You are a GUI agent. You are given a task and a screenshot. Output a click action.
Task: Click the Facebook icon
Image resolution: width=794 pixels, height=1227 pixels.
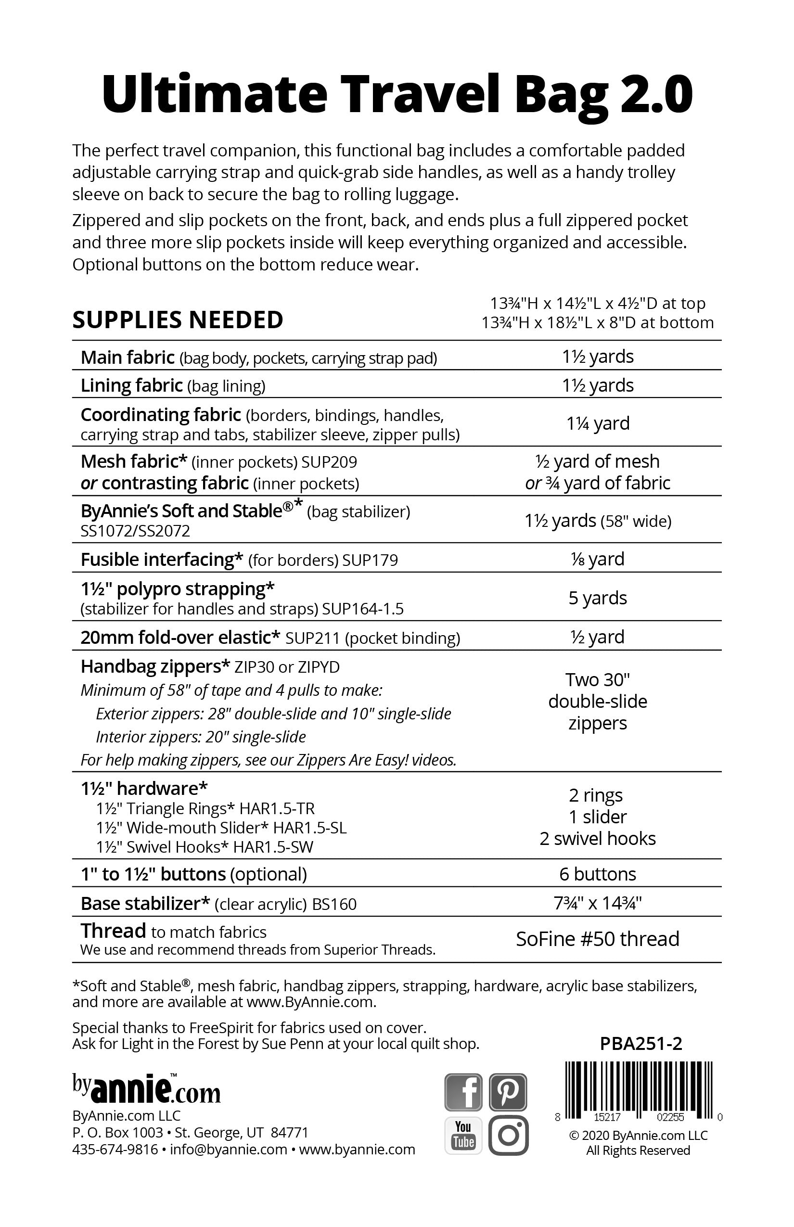pos(463,1091)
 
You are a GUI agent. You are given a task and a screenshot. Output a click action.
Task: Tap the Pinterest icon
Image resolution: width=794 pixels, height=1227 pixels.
pos(508,1091)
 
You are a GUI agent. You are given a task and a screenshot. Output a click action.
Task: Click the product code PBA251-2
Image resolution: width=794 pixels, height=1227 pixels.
pos(641,1044)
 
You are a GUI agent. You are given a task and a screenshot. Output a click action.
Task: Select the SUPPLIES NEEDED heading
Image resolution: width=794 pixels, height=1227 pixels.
pos(178,320)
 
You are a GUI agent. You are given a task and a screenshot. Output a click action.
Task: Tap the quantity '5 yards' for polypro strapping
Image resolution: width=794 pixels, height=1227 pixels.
pos(598,598)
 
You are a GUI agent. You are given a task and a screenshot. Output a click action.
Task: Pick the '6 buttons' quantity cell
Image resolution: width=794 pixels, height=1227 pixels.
pos(598,874)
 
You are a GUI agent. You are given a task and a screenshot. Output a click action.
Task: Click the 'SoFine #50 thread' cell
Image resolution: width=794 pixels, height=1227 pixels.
pos(598,939)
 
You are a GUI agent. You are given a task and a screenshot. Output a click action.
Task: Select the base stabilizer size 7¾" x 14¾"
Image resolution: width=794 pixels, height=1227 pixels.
pos(598,903)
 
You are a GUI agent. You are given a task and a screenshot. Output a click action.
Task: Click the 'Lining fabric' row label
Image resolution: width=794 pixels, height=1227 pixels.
pos(131,385)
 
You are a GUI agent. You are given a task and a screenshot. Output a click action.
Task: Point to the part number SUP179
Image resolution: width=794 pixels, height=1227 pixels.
pos(370,561)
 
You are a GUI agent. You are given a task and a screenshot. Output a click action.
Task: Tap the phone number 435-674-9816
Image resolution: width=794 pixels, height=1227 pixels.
pos(115,1150)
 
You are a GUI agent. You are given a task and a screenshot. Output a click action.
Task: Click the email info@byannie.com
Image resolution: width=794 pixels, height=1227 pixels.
pos(229,1150)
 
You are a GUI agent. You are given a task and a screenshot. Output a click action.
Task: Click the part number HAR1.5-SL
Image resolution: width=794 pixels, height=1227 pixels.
pos(310,828)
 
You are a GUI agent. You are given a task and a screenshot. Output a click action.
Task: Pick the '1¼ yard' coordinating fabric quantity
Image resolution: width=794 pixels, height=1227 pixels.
pos(598,423)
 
